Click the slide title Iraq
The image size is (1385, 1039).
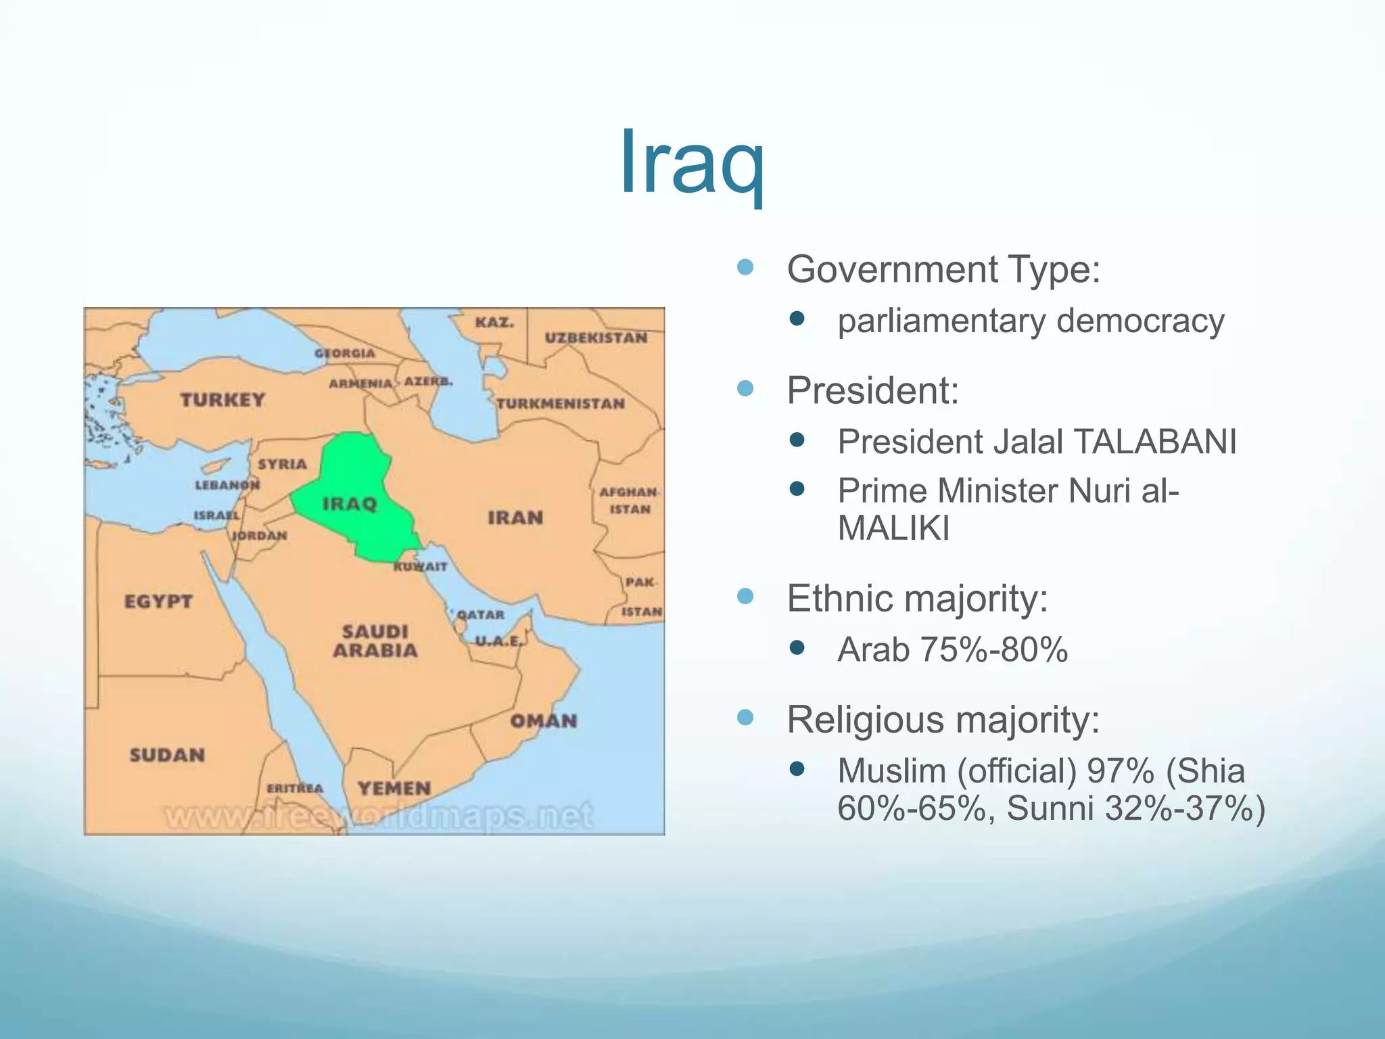[x=692, y=162]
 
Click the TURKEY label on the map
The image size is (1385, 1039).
[x=222, y=400]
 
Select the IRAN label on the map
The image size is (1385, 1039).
[x=515, y=517]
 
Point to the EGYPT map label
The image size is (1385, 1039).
[x=158, y=601]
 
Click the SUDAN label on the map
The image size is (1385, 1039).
[x=167, y=755]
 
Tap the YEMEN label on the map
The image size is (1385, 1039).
[x=394, y=788]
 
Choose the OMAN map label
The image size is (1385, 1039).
[x=544, y=721]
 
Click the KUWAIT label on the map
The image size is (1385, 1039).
[x=421, y=567]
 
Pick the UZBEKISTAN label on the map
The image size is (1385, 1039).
[x=596, y=338]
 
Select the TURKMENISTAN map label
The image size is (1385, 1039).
[x=561, y=404]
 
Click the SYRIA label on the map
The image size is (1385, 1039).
[x=282, y=464]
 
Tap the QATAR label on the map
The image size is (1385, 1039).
[x=481, y=614]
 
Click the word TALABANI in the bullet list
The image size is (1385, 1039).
[x=1155, y=442]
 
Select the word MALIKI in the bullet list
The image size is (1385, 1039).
[x=893, y=528]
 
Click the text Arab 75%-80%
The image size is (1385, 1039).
[x=952, y=650]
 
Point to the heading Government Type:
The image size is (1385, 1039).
[x=943, y=269]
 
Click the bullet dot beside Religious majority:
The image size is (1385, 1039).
[x=745, y=717]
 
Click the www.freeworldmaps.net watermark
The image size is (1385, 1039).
[x=379, y=816]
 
